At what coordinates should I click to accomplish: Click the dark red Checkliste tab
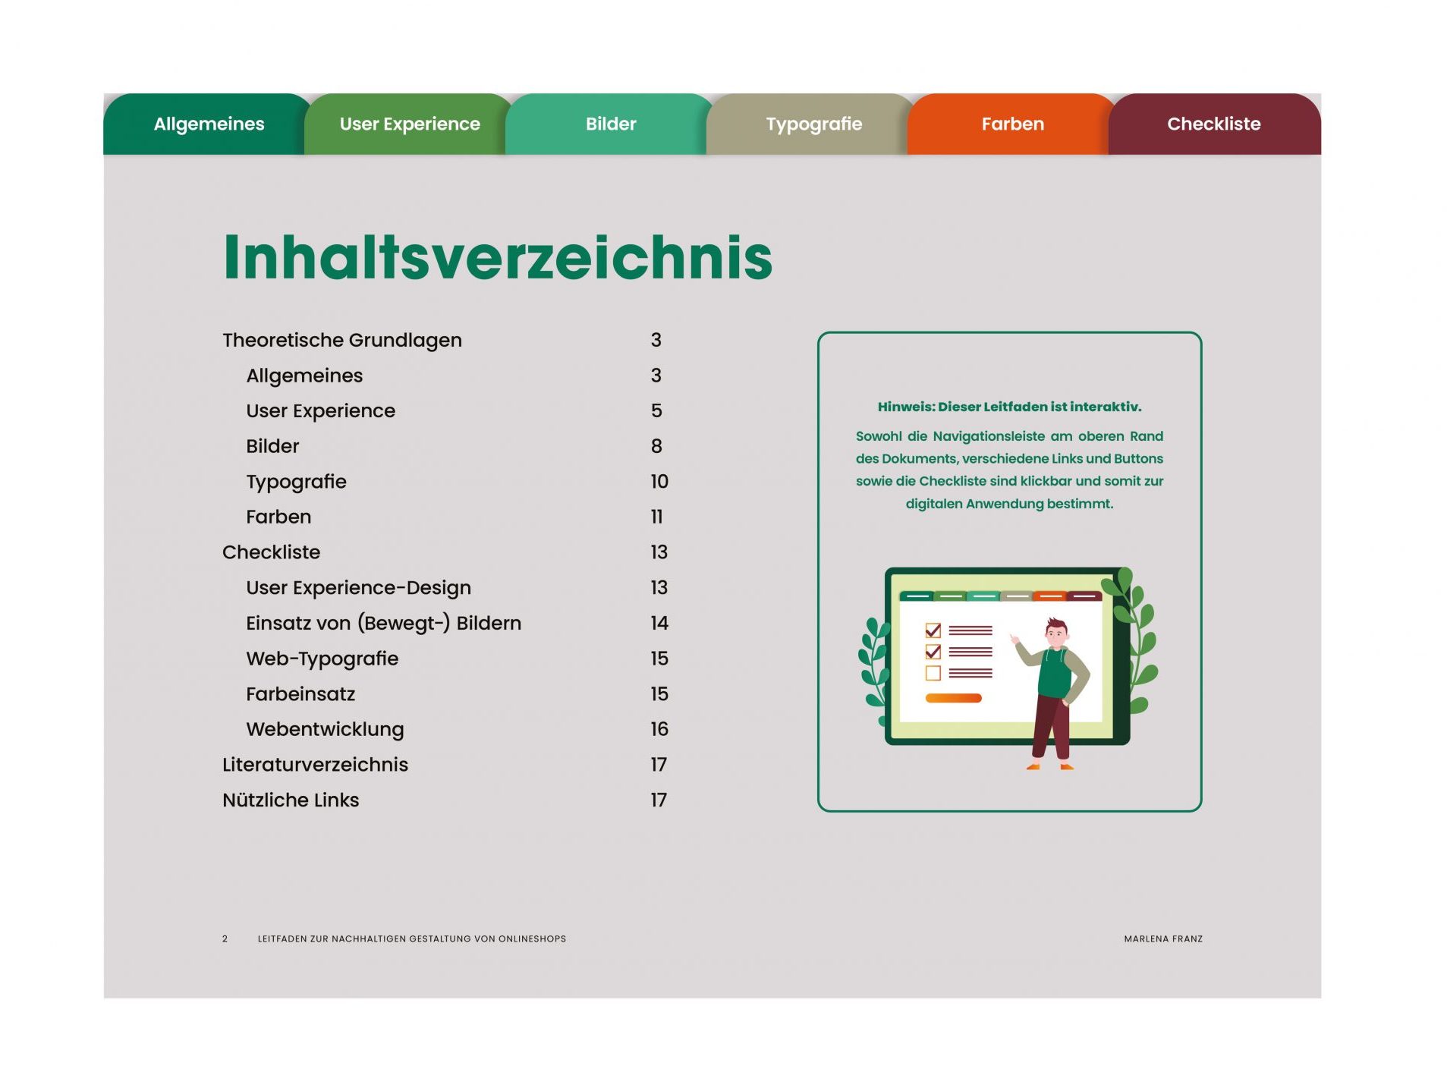point(1214,124)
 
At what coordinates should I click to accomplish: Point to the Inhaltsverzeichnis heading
point(498,257)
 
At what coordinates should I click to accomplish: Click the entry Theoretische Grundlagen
point(342,341)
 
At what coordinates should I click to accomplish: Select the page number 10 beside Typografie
point(659,482)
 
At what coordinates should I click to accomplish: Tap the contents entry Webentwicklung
point(325,730)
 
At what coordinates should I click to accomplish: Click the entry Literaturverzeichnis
point(315,765)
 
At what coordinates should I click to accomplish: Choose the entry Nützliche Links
point(291,800)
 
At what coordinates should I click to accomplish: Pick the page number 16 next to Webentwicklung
point(659,730)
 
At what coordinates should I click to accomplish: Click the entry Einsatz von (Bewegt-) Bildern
point(383,624)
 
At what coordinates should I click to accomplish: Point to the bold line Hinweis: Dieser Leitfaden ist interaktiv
point(1009,407)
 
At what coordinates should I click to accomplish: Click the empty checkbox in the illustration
point(933,673)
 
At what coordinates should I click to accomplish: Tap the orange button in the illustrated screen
point(953,698)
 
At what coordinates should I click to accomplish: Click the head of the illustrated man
point(1056,632)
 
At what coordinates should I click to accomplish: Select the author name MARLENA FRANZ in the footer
point(1163,939)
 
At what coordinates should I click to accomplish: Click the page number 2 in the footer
point(225,939)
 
